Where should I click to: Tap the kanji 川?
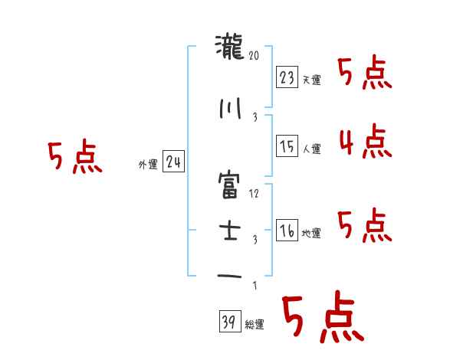click(x=230, y=108)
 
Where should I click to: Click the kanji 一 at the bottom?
click(x=230, y=277)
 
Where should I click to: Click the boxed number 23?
click(x=287, y=77)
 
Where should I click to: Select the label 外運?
click(x=147, y=165)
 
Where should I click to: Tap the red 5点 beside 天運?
click(x=364, y=74)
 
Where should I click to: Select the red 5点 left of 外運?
click(x=74, y=158)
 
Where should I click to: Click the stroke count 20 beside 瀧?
click(x=255, y=55)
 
